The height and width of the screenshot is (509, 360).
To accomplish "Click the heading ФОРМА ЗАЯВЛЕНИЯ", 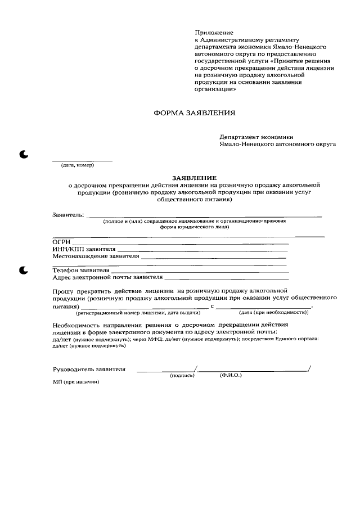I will coord(194,113).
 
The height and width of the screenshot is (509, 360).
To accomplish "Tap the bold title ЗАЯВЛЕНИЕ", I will coord(193,177).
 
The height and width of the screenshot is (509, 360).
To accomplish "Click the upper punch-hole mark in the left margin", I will coord(24,155).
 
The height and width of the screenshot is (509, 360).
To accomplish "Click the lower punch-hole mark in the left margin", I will coord(24,271).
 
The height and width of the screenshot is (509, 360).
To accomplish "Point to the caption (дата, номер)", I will coord(77,165).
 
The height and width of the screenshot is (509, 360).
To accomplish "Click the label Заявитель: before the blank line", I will coord(68,215).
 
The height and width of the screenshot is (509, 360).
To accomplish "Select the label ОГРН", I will coord(61,242).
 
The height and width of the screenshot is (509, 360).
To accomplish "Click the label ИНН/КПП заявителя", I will coord(84,249).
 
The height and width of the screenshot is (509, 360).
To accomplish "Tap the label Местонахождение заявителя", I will coord(96,256).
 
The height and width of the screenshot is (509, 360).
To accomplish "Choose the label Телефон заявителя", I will coord(81,271).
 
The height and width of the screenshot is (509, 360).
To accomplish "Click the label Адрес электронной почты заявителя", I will coord(107,277).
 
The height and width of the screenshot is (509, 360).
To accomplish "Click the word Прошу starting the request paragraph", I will coord(64,291).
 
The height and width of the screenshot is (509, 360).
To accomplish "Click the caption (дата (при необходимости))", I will coord(273,312).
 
